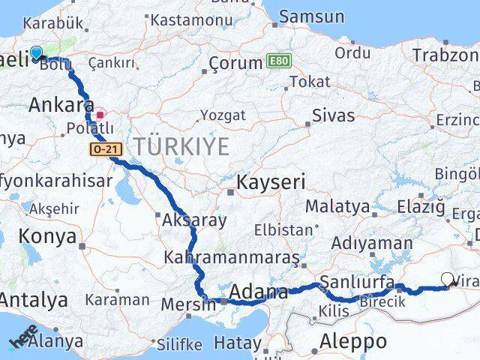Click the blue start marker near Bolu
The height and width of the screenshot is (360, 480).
coord(35,53)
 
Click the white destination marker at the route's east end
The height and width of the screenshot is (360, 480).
coord(448,280)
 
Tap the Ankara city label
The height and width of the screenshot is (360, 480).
coord(61,106)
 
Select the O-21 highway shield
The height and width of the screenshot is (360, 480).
coord(104,150)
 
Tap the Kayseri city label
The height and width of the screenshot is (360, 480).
coord(271,182)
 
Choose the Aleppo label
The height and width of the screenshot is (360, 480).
coord(353,341)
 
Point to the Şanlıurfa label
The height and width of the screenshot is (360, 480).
coord(357,282)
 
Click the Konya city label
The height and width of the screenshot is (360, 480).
coord(47,237)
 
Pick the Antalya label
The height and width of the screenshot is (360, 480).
coord(34,301)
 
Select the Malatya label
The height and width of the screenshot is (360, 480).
coord(337,206)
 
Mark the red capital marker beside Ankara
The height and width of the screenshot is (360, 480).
coord(100,115)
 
